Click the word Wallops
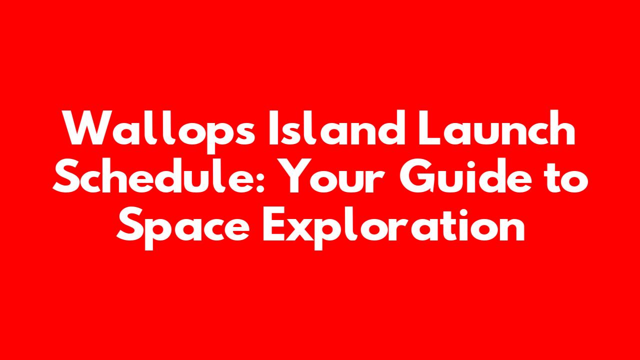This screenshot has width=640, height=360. [159, 131]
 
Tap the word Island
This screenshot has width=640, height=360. [337, 127]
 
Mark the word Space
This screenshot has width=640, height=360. [183, 228]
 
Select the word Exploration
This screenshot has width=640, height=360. [393, 228]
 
